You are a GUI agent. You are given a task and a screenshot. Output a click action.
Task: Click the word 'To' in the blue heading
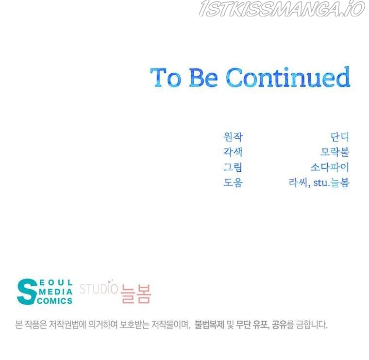click(166, 77)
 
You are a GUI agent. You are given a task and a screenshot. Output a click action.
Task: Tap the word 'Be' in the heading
click(203, 77)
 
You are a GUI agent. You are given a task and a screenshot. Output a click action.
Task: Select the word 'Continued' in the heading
click(288, 77)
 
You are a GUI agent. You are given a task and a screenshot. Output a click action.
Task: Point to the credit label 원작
click(233, 137)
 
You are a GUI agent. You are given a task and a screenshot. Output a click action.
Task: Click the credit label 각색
click(233, 152)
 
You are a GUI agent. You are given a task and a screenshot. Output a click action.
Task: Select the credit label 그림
click(233, 167)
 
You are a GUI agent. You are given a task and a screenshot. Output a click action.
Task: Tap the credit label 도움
click(233, 182)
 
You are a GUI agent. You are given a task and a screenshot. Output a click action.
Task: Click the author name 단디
click(339, 137)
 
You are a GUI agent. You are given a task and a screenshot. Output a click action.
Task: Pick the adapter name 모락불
click(335, 152)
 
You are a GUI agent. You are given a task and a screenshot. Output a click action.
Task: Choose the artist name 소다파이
click(330, 167)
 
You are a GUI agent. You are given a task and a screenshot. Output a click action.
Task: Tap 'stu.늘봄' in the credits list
click(331, 183)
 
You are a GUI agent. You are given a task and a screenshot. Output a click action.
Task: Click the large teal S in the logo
click(27, 292)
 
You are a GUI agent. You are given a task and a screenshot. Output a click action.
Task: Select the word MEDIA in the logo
click(56, 292)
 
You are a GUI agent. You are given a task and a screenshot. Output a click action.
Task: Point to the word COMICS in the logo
click(54, 301)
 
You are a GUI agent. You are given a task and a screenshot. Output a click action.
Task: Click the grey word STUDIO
click(99, 289)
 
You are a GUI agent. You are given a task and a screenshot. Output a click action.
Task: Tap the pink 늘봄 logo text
click(136, 294)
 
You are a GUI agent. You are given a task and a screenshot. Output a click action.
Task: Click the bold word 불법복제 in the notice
click(209, 325)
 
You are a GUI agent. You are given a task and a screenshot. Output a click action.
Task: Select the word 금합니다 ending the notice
click(312, 325)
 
